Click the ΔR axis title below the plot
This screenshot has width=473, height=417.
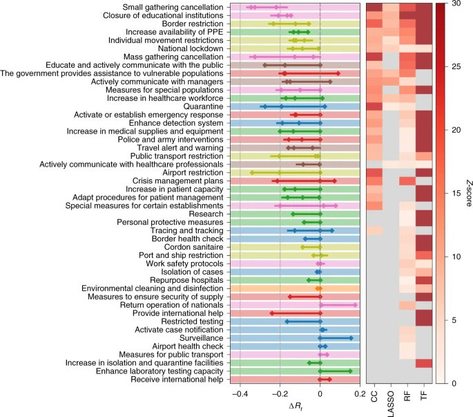tap(300, 405)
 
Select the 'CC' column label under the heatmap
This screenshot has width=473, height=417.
tap(374, 398)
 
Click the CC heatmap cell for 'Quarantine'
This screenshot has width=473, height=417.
tap(374, 106)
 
